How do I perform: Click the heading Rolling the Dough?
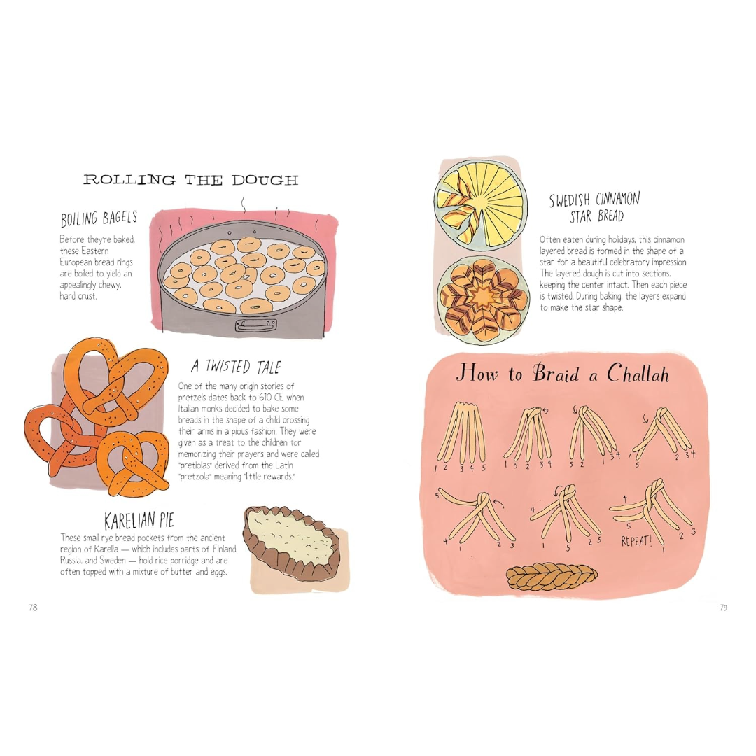(191, 180)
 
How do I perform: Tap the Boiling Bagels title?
(99, 218)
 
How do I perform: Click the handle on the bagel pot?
(256, 325)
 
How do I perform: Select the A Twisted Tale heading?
(236, 367)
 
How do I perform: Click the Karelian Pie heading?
(139, 521)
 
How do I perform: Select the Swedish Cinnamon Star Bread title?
(595, 207)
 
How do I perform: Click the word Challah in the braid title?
(638, 373)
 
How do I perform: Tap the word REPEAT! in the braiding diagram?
(636, 541)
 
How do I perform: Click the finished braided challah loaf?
(552, 576)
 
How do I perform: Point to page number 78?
(33, 608)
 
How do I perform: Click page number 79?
(723, 608)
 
